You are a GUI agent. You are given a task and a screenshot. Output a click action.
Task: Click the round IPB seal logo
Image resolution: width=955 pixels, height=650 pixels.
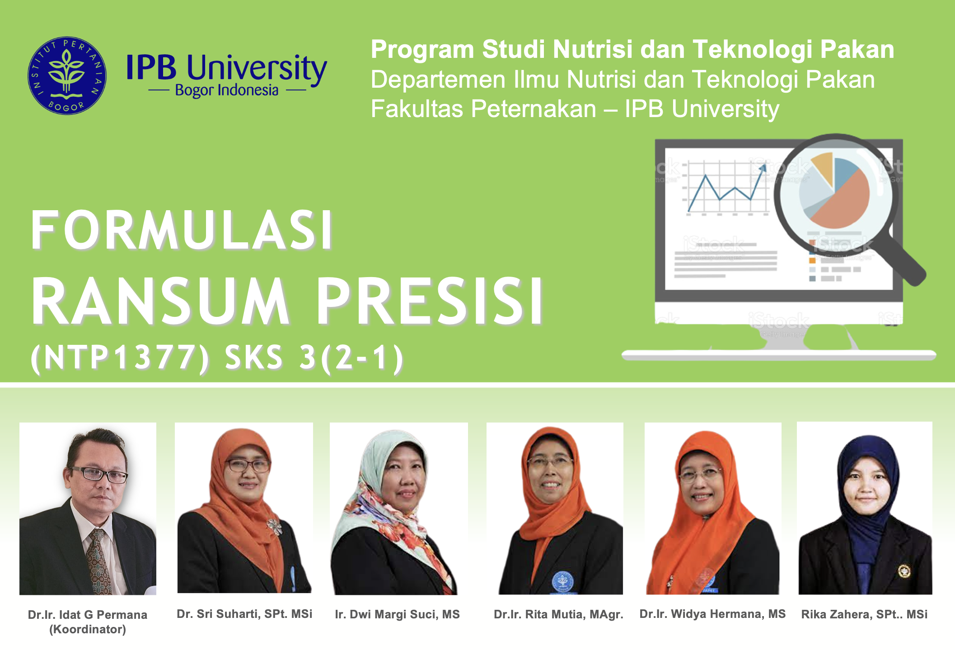pos(67,75)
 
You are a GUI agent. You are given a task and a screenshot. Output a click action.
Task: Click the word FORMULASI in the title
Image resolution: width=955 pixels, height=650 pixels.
pos(182,230)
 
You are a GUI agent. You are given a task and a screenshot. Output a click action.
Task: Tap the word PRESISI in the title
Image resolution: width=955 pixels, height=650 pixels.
pos(430,301)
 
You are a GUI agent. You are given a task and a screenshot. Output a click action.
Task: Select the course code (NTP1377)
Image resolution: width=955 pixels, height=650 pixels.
pos(120,358)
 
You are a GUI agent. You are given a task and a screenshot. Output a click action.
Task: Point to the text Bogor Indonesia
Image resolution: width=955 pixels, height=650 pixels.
pos(227,90)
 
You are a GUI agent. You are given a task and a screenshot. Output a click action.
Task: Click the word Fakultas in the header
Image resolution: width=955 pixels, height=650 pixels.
pos(416,109)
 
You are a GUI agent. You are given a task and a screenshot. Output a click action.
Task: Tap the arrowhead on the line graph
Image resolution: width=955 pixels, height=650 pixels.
pos(763,169)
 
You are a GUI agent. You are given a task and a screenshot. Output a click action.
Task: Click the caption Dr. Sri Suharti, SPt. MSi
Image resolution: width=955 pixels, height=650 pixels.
pos(244,614)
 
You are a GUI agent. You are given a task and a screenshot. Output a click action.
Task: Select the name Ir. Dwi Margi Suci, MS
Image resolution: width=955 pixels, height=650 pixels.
pos(398,614)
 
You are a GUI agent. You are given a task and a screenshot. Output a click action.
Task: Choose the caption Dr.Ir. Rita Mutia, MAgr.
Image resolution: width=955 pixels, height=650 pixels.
pos(558,614)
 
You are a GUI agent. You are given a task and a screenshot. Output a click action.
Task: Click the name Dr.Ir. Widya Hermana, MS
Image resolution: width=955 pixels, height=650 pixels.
pos(712,614)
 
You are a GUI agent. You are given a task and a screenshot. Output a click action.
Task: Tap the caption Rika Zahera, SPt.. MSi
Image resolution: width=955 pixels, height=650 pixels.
pos(864,614)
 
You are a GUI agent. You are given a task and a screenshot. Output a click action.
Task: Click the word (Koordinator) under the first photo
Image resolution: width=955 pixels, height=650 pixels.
pos(88,629)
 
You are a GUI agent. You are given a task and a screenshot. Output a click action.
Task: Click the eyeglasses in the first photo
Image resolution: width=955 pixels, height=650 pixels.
pos(98,474)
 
